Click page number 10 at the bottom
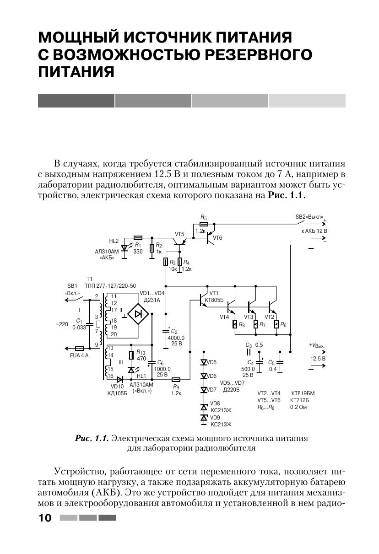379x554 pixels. point(45,518)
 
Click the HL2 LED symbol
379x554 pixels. point(124,247)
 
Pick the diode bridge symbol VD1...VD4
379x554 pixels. point(138,314)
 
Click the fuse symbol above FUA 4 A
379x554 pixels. point(79,348)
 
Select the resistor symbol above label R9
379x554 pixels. point(176,379)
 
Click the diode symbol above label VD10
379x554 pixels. point(120,379)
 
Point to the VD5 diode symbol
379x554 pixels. point(204,362)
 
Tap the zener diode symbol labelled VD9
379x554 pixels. point(204,417)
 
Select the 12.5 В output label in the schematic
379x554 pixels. point(318,359)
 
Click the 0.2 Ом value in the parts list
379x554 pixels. point(298,406)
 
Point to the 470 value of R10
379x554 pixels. point(141,359)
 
